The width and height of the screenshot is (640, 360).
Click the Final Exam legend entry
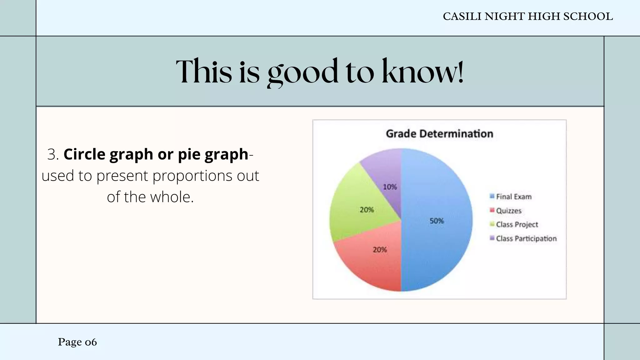point(513,197)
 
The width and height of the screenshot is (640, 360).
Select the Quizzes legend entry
point(508,211)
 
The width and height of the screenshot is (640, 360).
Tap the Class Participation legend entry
point(526,238)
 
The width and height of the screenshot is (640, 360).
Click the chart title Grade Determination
point(439,134)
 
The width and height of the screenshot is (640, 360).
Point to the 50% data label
point(437,221)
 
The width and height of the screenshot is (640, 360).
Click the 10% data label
point(390,187)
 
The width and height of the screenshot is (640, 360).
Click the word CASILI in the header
point(462,17)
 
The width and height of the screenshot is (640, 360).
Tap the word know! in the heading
point(422,72)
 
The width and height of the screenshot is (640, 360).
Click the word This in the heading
point(204,72)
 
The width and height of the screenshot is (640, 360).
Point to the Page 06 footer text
point(77,342)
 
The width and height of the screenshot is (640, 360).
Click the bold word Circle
point(84,154)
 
